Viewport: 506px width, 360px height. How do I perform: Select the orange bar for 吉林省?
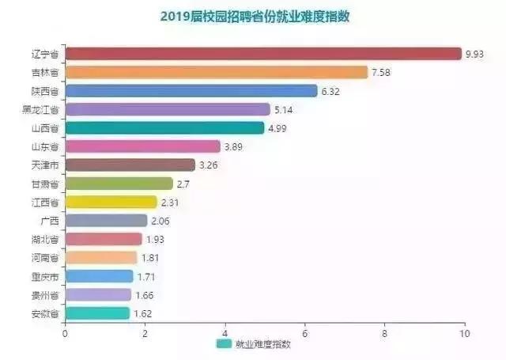coord(216,72)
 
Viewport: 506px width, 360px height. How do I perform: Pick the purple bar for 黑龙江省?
coord(167,109)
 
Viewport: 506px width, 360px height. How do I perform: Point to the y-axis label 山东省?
coord(43,146)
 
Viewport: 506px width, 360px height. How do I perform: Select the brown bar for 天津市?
coord(130,165)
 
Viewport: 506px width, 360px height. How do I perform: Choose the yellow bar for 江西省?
coord(111,202)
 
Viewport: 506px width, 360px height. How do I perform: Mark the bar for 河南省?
coord(100,257)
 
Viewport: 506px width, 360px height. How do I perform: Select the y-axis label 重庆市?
coord(43,276)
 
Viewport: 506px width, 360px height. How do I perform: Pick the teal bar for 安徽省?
coord(96,313)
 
